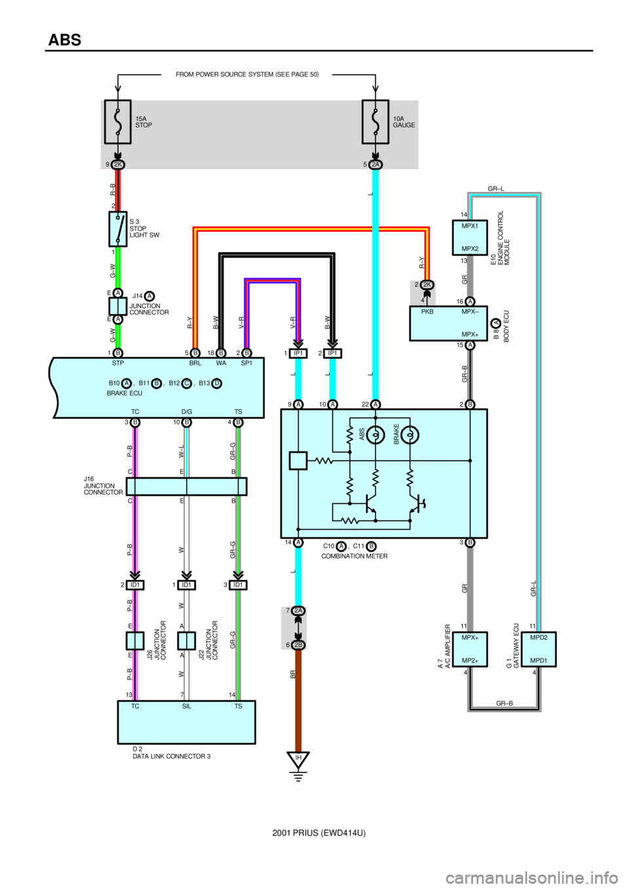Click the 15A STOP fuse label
143,122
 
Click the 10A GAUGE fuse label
404,122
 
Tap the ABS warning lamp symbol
375,435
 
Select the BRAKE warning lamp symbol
410,435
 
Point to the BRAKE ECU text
124,393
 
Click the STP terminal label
118,363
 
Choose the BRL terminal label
195,363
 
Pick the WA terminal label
221,363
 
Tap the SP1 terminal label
246,363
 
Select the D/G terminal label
187,412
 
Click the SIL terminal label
187,706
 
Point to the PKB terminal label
427,312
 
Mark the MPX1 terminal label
470,227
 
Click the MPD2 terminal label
539,637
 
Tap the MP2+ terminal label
470,661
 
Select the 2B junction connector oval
298,645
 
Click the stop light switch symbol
118,229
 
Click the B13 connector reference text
204,383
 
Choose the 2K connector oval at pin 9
118,164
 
